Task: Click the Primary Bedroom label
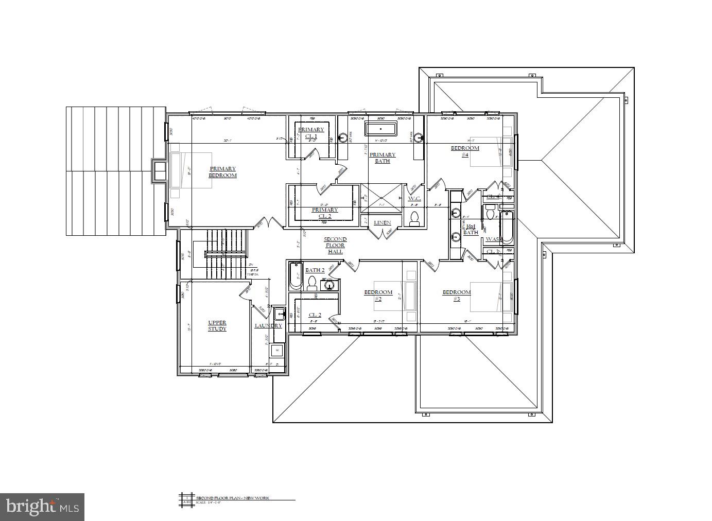click(222, 172)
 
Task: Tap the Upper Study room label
click(217, 325)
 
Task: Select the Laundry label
click(268, 325)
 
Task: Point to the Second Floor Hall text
click(335, 246)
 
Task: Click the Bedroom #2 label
click(378, 295)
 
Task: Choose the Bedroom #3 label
click(457, 295)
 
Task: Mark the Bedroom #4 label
click(465, 151)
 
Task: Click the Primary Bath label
click(383, 158)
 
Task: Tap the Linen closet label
click(383, 223)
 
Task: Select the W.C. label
click(414, 199)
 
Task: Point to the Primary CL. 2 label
click(325, 213)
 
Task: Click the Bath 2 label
click(315, 270)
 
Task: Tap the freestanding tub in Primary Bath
click(381, 129)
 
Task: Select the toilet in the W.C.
click(414, 218)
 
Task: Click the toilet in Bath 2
click(311, 283)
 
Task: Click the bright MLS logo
click(42, 507)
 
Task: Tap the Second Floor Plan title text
click(232, 498)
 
